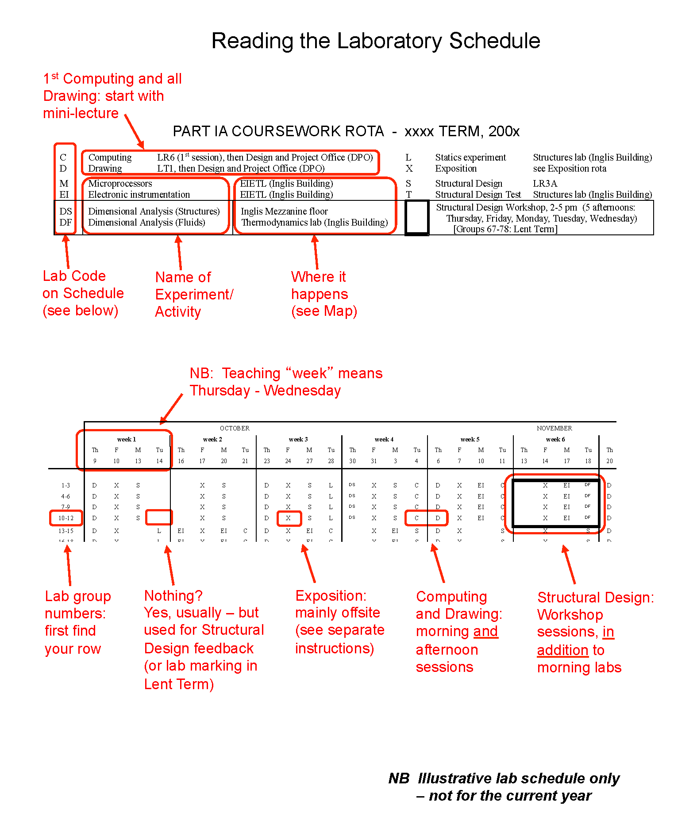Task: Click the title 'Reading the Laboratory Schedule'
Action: pos(376,41)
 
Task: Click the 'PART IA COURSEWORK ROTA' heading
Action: pos(278,131)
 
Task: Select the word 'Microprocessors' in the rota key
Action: pos(120,184)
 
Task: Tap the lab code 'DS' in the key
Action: pos(65,211)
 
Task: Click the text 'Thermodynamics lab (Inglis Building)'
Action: pos(314,222)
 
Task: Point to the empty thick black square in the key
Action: pos(417,217)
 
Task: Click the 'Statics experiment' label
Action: pos(470,157)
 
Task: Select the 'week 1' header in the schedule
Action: pos(127,439)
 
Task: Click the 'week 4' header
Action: pos(384,439)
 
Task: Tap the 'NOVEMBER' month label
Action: pos(554,428)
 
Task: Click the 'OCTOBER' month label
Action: pos(235,428)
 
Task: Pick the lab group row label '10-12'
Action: pos(66,518)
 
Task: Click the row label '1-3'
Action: pos(65,485)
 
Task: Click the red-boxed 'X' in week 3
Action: pos(288,518)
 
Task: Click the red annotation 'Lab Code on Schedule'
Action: pos(83,293)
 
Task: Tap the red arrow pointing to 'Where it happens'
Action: pos(316,252)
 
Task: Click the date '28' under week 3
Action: pos(331,461)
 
